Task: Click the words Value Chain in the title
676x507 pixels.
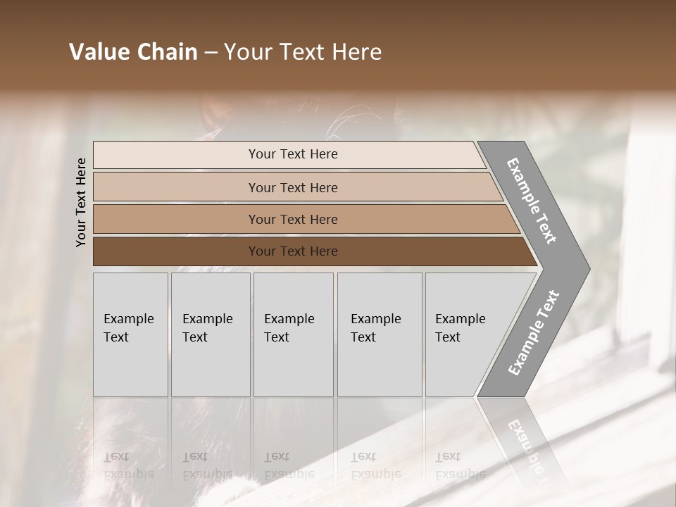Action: coord(133,52)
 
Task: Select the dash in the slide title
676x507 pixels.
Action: coord(211,53)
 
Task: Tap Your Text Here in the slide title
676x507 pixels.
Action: coord(303,52)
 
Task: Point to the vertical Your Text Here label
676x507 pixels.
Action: coord(81,202)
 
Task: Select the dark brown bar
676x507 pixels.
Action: coord(176,251)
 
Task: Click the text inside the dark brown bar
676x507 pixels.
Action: coord(293,251)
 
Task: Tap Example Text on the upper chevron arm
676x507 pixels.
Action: coord(532,201)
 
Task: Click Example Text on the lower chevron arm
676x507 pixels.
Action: coord(533,333)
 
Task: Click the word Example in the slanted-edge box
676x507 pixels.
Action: coord(460,319)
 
